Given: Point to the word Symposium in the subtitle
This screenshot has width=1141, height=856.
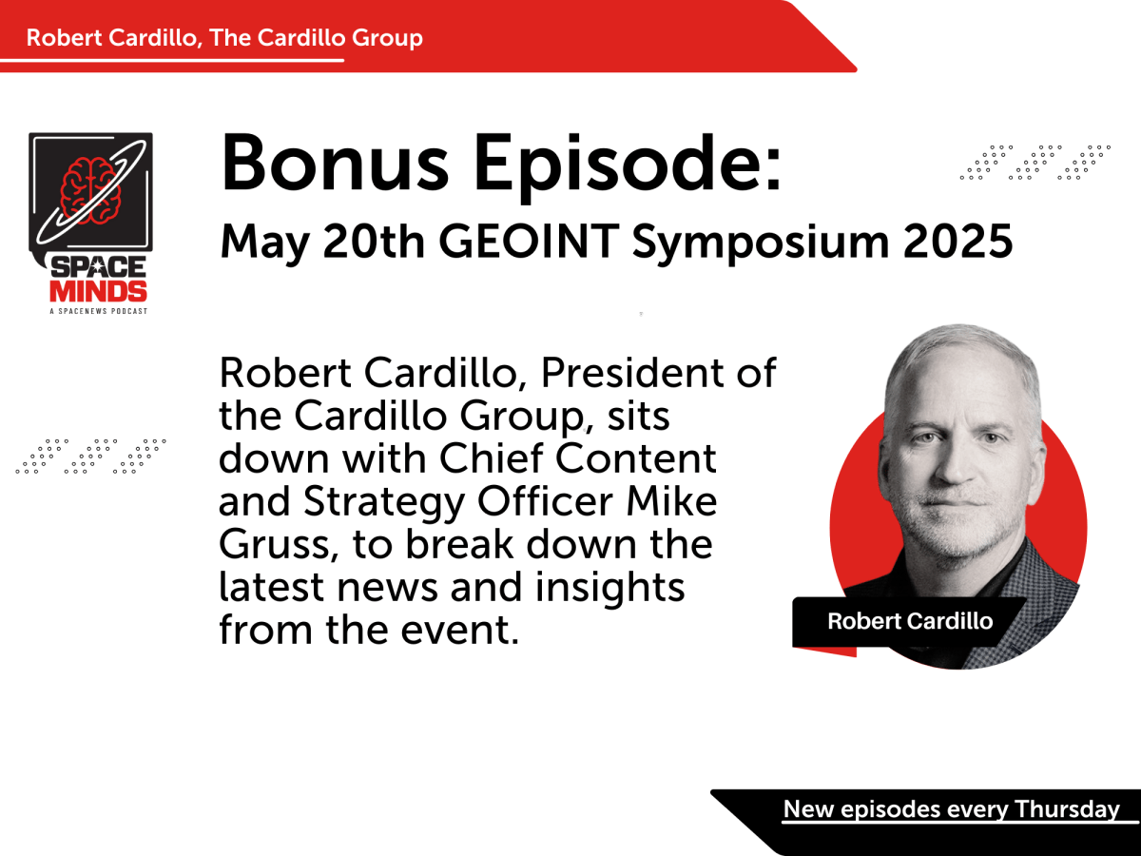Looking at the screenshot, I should tap(745, 244).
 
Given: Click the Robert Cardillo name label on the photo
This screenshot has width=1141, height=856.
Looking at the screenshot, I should tap(910, 622).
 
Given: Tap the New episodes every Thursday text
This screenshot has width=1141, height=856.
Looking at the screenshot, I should tap(951, 809).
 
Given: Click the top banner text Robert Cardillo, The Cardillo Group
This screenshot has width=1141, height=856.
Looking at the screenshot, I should tap(224, 38).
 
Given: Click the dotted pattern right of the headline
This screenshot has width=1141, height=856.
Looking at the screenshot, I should tap(1035, 162).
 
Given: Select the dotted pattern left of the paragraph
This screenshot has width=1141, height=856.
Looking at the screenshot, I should tap(91, 456).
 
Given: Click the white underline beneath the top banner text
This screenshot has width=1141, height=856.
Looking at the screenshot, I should tap(171, 60).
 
